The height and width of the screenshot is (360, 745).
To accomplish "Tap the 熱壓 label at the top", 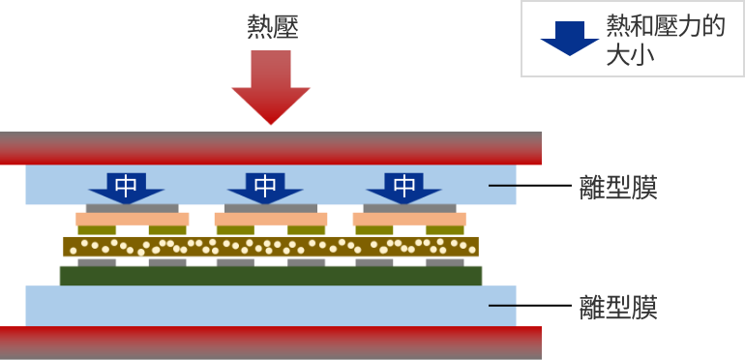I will tap(272, 26).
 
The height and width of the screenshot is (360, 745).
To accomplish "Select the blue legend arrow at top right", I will tap(569, 37).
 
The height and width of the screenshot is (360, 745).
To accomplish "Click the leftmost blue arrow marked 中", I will tap(127, 186).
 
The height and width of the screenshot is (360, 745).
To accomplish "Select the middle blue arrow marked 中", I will tap(265, 186).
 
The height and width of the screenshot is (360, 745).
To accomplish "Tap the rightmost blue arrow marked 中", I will tap(404, 186).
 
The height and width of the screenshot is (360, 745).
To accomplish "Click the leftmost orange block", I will tap(133, 220).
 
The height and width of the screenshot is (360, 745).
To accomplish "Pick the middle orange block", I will tap(271, 220).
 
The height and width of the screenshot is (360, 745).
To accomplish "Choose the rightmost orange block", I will tap(409, 220).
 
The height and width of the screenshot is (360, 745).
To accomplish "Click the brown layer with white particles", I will tap(271, 247).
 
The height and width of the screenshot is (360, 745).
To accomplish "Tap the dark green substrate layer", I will tap(271, 276).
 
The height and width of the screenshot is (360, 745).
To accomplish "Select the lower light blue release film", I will tap(271, 306).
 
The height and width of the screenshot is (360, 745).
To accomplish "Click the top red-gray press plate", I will tap(271, 147).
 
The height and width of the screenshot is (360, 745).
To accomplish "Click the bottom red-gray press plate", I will tap(271, 343).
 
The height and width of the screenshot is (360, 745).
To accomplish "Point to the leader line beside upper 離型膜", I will tap(502, 185).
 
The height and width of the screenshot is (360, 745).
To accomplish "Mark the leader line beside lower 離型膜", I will tap(502, 306).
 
